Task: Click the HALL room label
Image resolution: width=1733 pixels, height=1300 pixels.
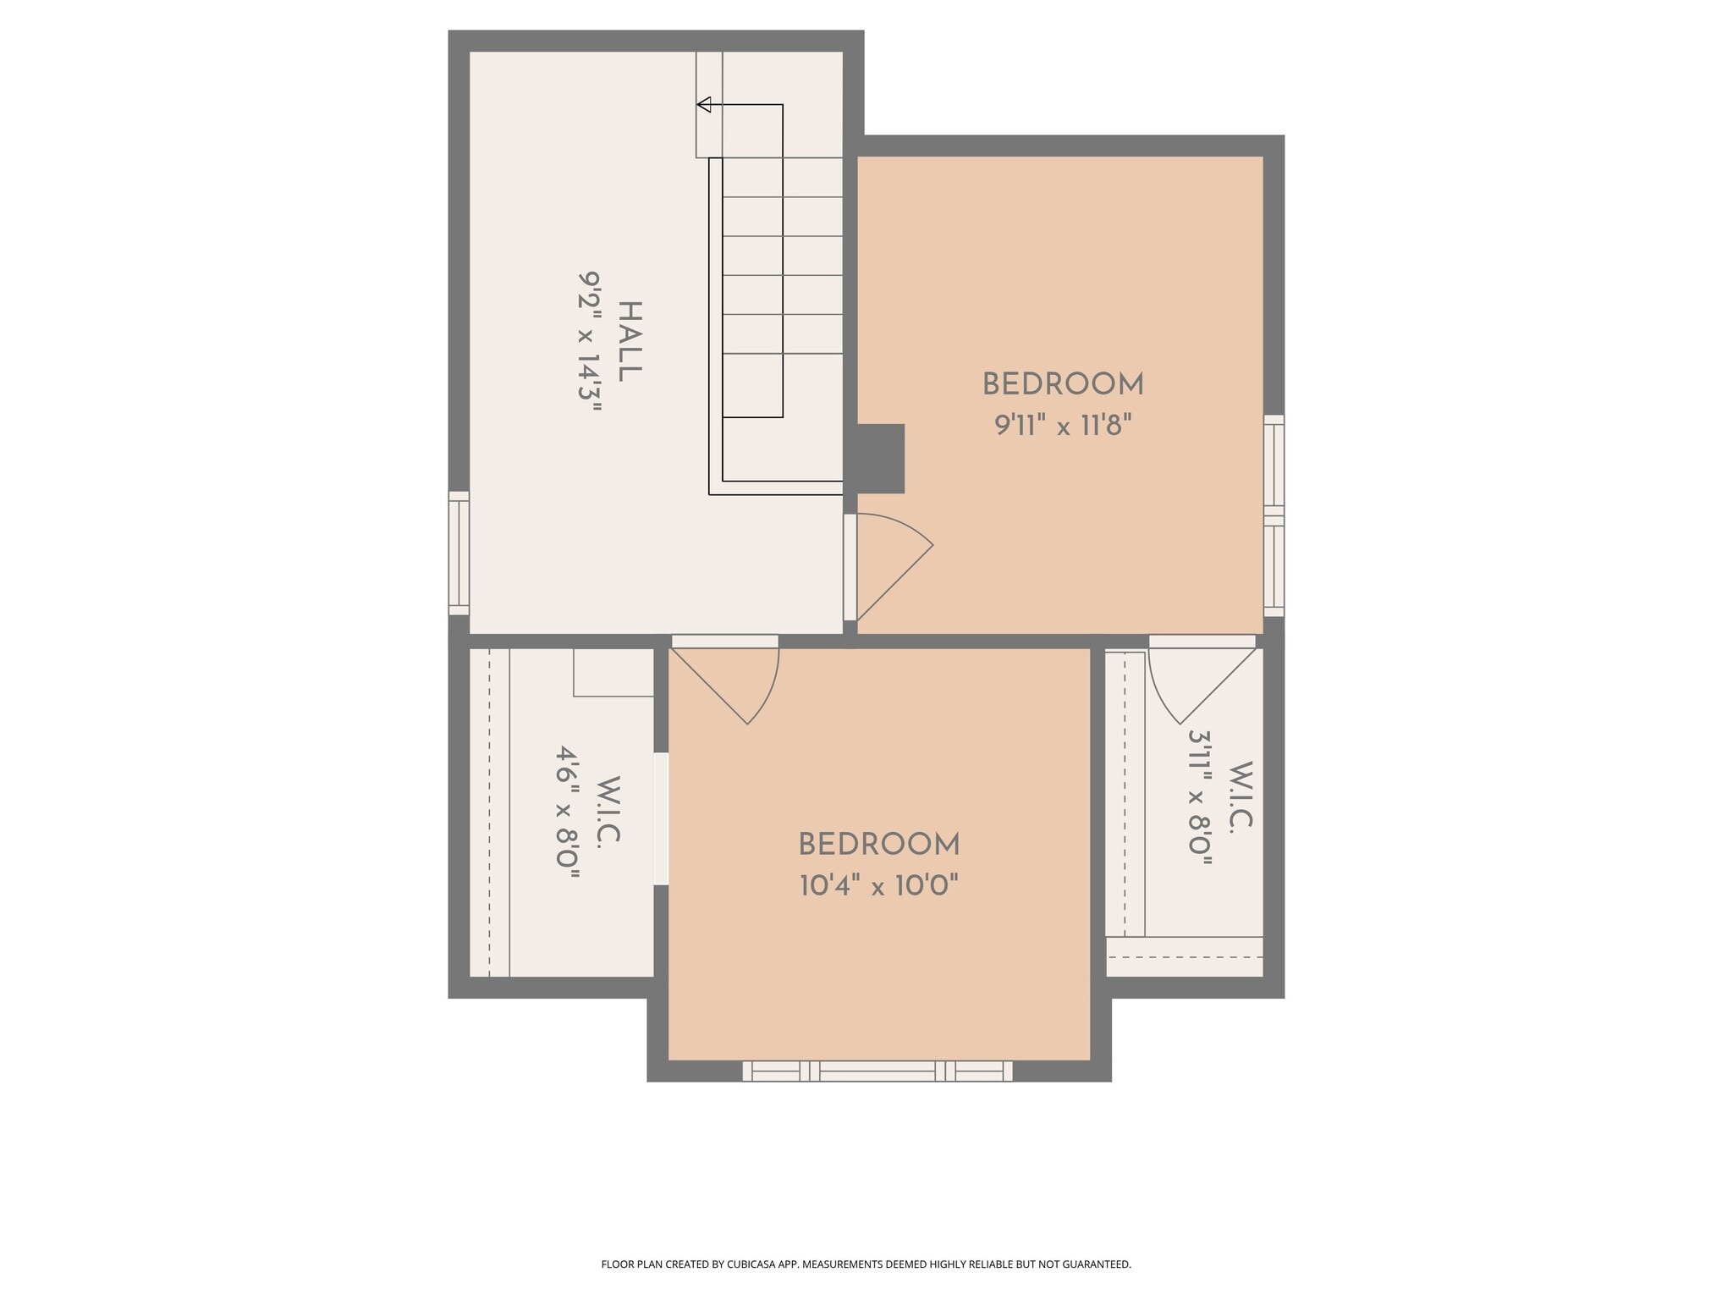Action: coord(630,341)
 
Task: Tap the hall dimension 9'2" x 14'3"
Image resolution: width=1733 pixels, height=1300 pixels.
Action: coord(590,341)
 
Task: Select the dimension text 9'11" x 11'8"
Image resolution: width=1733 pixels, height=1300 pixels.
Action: coord(1063,425)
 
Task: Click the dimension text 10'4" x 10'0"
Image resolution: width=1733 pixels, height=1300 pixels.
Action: coord(879,886)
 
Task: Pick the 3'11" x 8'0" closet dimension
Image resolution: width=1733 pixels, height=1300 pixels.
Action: coord(1201,797)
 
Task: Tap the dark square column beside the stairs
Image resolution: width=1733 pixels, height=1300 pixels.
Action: coord(881,459)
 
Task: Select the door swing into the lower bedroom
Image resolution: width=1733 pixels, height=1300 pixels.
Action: coord(736,681)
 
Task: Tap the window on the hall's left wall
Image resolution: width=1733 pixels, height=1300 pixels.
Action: coord(459,554)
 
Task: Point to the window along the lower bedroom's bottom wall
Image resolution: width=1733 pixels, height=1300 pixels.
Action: coord(878,1071)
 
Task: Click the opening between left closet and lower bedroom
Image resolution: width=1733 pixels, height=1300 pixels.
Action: coord(661,818)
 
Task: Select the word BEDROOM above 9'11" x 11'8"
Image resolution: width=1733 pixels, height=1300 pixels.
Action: coord(1063,385)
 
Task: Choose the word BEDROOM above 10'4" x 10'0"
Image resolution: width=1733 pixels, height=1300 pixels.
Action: coord(879,845)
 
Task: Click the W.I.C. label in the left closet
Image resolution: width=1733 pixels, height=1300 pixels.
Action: coord(608,810)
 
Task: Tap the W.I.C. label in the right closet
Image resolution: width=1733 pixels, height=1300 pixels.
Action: coord(1241,797)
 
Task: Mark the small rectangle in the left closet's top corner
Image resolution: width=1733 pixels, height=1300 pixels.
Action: coord(613,673)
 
